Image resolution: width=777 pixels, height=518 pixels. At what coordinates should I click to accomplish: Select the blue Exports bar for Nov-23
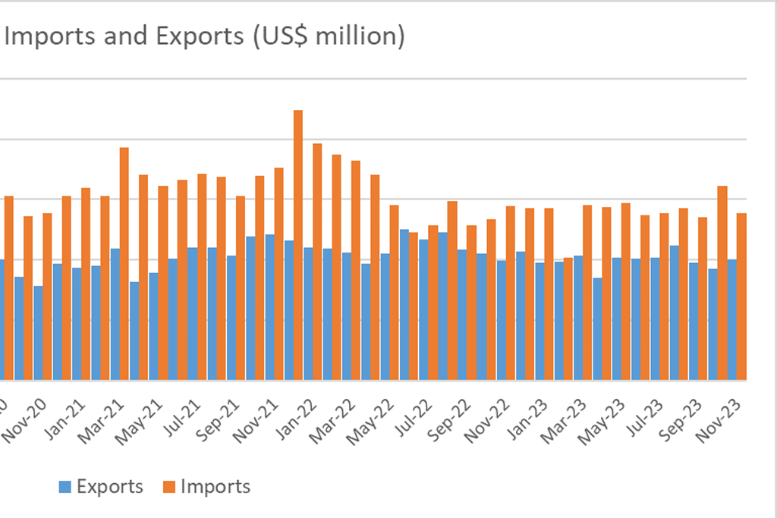[731, 319]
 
